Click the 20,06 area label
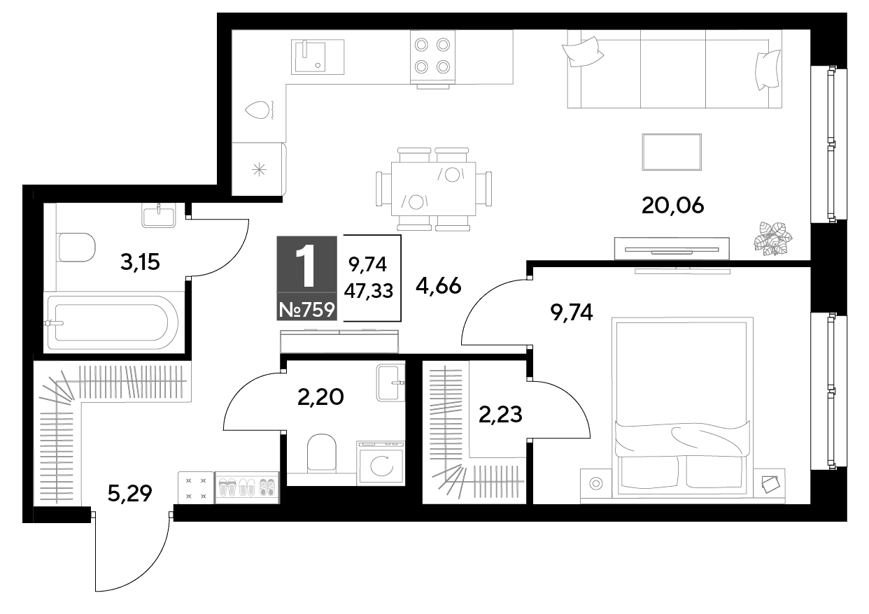pos(672,206)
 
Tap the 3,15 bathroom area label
pos(140,262)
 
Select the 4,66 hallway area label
pos(439,286)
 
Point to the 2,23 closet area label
pos(500,415)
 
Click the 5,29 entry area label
pos(129,494)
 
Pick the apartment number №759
pos(307,310)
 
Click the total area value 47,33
pos(369,291)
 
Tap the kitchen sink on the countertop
pos(318,57)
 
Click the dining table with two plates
pos(433,189)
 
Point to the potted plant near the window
pos(772,238)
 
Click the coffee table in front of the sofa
pos(672,152)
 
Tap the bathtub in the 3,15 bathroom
pos(113,322)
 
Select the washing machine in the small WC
pos(381,463)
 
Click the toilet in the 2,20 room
pos(322,452)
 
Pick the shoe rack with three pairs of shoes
pos(247,487)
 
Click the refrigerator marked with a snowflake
pos(259,169)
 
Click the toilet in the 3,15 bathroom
pos(77,248)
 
